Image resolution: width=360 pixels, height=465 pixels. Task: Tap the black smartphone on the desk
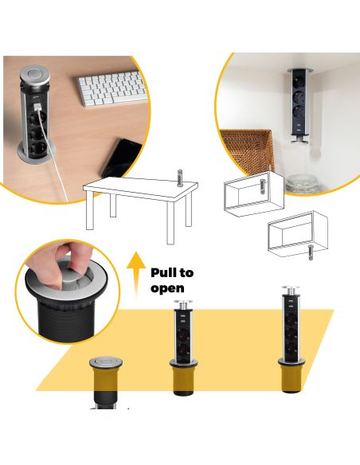point(119,158)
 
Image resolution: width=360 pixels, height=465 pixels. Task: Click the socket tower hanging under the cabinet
point(301,104)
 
